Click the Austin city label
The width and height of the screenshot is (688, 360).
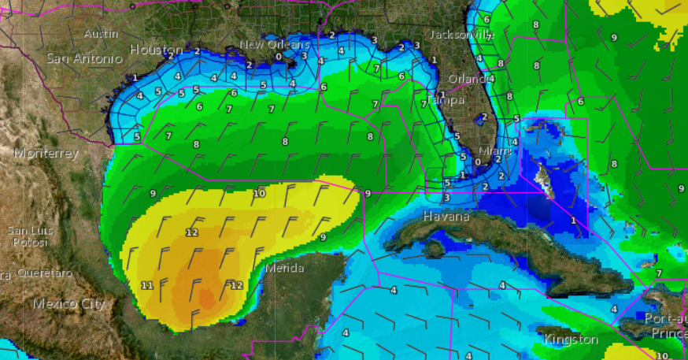(101, 34)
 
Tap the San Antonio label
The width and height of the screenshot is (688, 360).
(85, 58)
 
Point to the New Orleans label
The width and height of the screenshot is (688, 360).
(272, 45)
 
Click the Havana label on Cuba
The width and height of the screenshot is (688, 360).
(446, 216)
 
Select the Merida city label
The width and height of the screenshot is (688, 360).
(284, 268)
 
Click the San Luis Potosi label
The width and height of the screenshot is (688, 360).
(29, 236)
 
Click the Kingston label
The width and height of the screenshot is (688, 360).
(571, 340)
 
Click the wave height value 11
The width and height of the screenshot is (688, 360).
(147, 285)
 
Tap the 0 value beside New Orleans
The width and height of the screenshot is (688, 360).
(279, 57)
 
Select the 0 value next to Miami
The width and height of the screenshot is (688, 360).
(478, 161)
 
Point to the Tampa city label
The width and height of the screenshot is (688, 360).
(447, 100)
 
